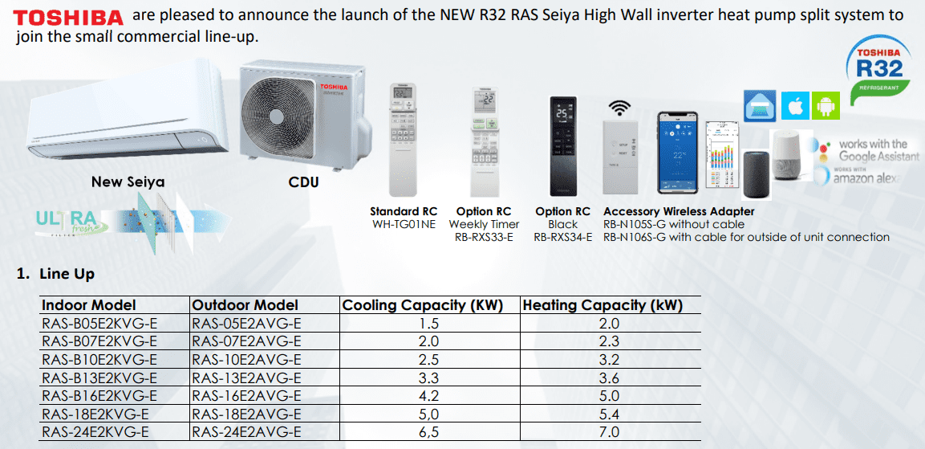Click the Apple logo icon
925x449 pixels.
coord(796,106)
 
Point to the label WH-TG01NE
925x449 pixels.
coord(404,224)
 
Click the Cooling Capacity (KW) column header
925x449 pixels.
coord(422,305)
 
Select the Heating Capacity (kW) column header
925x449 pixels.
coord(602,305)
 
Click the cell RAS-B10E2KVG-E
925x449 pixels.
coord(99,360)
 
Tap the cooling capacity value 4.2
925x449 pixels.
coord(429,396)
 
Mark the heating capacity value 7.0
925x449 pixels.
coord(610,432)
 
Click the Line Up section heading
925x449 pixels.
coord(67,274)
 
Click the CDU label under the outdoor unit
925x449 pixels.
coord(304,182)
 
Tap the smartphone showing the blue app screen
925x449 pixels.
coord(680,153)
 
